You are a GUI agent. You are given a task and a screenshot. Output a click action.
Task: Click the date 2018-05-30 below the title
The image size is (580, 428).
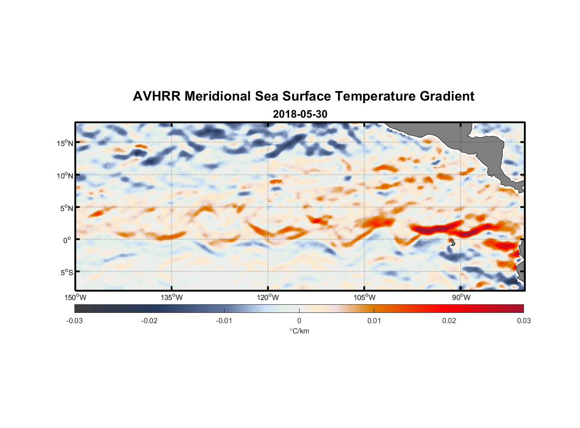(x=300, y=114)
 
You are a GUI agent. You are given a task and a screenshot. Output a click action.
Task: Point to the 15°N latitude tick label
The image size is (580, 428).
(x=65, y=143)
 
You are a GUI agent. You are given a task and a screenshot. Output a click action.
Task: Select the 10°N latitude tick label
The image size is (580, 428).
(x=65, y=175)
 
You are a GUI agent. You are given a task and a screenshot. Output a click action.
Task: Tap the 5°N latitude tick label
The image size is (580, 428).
(x=66, y=208)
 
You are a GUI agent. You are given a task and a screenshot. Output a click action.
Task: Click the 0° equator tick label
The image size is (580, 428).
(x=68, y=240)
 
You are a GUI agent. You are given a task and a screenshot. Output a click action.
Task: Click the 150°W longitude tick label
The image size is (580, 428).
(x=76, y=297)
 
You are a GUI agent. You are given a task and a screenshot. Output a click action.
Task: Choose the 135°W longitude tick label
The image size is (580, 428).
(x=172, y=297)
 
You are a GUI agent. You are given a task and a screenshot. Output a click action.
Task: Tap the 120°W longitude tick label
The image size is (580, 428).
(x=268, y=297)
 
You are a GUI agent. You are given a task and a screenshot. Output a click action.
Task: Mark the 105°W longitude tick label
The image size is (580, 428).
(x=364, y=297)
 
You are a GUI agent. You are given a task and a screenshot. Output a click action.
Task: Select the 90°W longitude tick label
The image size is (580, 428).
(x=461, y=297)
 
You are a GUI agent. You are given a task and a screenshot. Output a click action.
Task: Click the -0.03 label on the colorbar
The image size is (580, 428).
(x=74, y=321)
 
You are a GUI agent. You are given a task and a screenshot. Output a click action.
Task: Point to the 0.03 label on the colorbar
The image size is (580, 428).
(x=524, y=321)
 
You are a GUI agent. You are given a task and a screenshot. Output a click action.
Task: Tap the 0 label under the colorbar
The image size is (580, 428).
(x=299, y=321)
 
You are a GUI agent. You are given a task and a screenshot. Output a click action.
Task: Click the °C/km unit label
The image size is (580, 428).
(x=299, y=331)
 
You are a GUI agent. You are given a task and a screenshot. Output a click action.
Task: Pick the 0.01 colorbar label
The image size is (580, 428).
(x=374, y=321)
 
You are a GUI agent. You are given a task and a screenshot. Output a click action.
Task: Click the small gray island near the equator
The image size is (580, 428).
(x=453, y=243)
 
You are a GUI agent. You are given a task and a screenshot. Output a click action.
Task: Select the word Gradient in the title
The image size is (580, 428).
(x=447, y=96)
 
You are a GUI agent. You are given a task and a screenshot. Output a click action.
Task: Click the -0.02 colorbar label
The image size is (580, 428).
(x=149, y=321)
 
